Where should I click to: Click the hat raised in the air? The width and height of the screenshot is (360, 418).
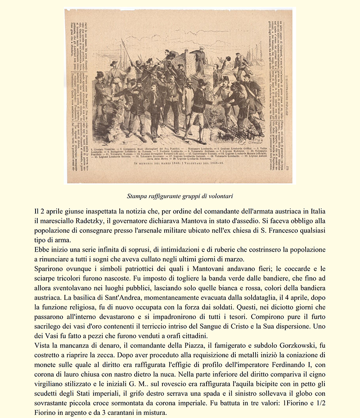tap(228, 59)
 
